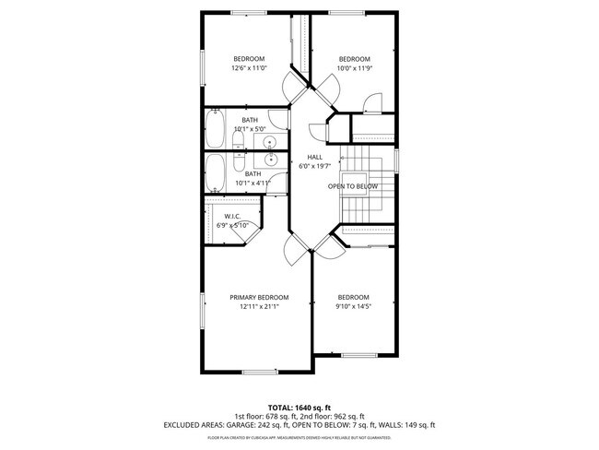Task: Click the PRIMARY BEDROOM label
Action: point(259,297)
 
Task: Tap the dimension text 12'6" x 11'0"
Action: point(248,68)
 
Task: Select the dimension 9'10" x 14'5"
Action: point(353,306)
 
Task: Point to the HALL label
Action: point(314,157)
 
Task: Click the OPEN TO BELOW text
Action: point(353,186)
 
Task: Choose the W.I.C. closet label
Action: point(232,216)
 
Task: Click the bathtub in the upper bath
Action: point(214,130)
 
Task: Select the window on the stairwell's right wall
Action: point(397,160)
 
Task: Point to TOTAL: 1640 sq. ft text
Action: point(299,407)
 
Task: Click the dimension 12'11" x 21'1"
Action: point(259,306)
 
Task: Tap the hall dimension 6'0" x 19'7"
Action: point(314,167)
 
